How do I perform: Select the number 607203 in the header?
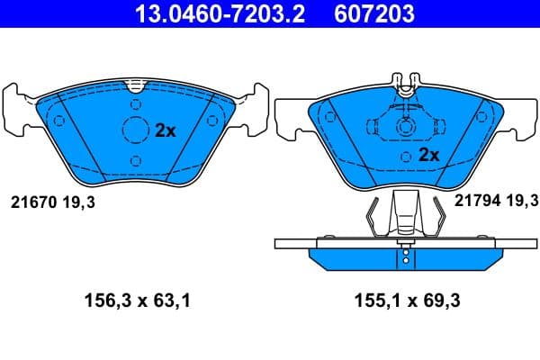pos(364,14)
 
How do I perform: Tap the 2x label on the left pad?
pos(166,130)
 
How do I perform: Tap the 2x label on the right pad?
pos(428,155)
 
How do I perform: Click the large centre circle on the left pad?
pos(135,130)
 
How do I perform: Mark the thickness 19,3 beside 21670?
pos(78,203)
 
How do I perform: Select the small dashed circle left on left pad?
pos(59,120)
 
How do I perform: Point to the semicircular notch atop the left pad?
pos(135,85)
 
